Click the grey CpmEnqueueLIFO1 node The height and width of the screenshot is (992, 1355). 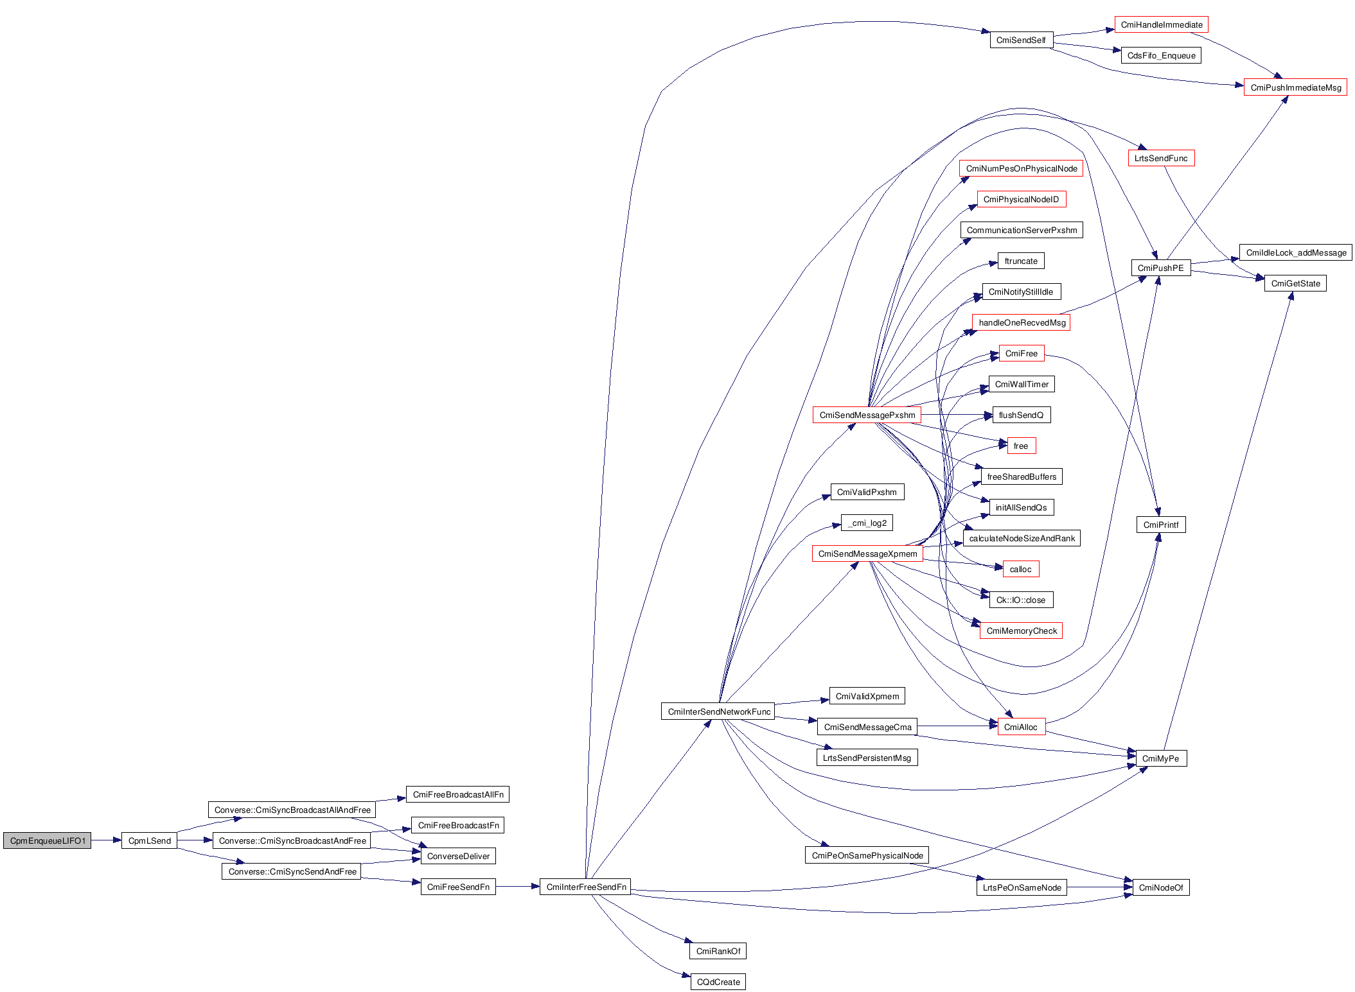47,840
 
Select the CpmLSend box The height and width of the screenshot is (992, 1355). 149,840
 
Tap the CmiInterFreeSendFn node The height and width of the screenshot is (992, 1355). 585,887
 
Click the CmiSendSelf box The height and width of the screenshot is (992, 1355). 1021,40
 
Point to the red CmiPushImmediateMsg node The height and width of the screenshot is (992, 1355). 1295,87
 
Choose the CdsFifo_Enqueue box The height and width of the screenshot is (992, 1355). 1161,55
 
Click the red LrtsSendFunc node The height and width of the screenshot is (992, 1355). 1161,158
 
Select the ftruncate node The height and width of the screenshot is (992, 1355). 1021,261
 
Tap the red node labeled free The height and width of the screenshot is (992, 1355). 1020,446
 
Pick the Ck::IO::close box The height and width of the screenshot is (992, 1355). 1020,600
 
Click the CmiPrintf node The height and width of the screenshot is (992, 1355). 1160,525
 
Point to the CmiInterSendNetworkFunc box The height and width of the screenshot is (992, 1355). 718,711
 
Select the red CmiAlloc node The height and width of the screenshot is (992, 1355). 1020,727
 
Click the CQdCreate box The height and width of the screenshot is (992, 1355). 718,982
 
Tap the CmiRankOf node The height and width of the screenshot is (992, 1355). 718,951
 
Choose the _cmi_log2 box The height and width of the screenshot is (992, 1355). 867,523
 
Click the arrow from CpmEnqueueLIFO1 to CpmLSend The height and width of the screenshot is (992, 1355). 106,840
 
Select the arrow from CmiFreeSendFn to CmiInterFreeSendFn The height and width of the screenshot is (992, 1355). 517,887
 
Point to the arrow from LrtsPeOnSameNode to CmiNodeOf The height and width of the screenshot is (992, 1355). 1099,887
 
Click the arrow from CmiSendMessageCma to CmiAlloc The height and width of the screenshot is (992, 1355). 957,726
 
